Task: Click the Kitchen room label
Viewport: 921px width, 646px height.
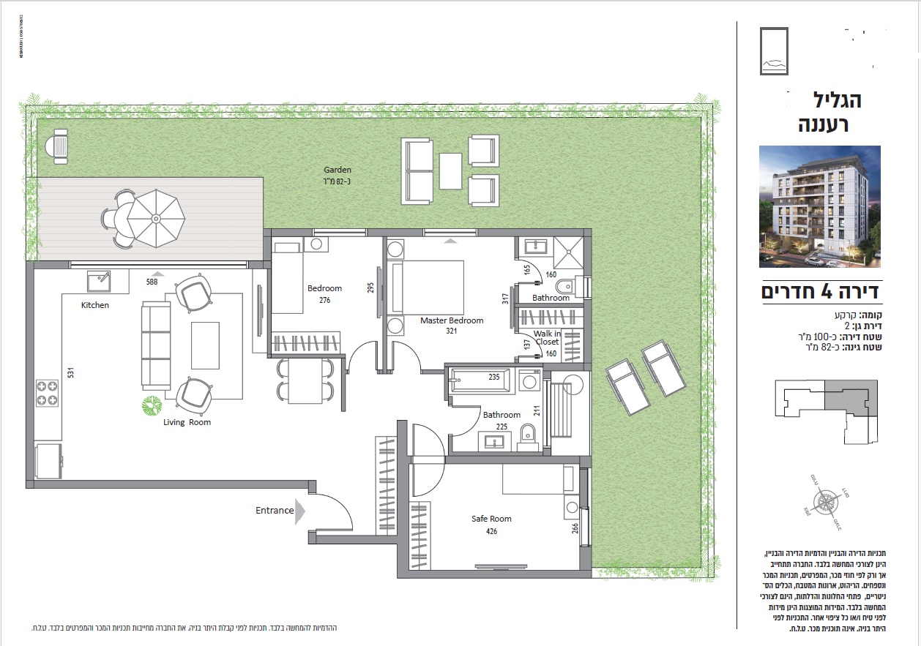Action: click(94, 305)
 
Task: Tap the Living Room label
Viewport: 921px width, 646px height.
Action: click(187, 422)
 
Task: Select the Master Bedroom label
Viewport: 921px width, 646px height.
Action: click(452, 320)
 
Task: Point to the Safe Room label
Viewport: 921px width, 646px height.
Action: click(491, 519)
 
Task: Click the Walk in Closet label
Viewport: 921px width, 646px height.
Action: click(547, 338)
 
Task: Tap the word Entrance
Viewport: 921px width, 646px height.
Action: click(275, 511)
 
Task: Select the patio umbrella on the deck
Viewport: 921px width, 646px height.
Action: click(155, 217)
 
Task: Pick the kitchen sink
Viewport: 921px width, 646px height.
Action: click(99, 279)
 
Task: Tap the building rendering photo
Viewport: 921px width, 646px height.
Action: click(819, 206)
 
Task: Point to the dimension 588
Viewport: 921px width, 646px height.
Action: click(152, 282)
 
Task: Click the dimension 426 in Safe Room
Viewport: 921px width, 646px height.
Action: click(491, 531)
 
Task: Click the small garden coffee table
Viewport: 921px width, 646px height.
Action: click(450, 171)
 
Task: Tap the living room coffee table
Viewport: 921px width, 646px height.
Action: click(205, 345)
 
